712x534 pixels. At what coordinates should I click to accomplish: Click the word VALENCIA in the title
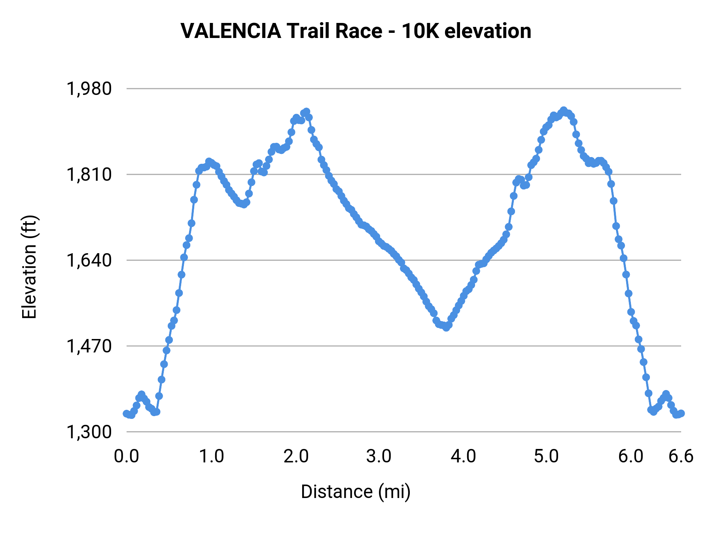pyautogui.click(x=231, y=31)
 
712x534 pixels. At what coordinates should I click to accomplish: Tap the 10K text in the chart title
pyautogui.click(x=420, y=31)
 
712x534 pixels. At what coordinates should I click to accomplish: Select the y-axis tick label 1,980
pyautogui.click(x=89, y=89)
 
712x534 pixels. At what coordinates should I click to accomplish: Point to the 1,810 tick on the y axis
pyautogui.click(x=89, y=174)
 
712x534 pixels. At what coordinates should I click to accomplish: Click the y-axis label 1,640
pyautogui.click(x=89, y=260)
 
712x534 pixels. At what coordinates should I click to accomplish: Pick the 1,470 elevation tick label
pyautogui.click(x=89, y=346)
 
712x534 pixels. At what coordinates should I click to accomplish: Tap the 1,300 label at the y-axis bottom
pyautogui.click(x=89, y=432)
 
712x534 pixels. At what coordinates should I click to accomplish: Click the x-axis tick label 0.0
pyautogui.click(x=127, y=456)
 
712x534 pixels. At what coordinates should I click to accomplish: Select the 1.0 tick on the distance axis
pyautogui.click(x=211, y=456)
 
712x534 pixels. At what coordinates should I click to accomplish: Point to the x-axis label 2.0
pyautogui.click(x=296, y=456)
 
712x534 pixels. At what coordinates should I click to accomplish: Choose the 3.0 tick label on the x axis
pyautogui.click(x=379, y=456)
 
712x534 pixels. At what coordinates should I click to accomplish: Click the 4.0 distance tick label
pyautogui.click(x=463, y=456)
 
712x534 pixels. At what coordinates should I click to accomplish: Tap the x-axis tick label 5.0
pyautogui.click(x=546, y=456)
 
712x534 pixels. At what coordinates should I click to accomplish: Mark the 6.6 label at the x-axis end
pyautogui.click(x=681, y=456)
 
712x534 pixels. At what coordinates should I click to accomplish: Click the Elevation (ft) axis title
pyautogui.click(x=29, y=267)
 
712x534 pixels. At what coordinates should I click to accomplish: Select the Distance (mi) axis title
pyautogui.click(x=356, y=492)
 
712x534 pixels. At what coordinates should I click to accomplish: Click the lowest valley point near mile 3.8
pyautogui.click(x=446, y=328)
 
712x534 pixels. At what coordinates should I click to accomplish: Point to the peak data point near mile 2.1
pyautogui.click(x=306, y=112)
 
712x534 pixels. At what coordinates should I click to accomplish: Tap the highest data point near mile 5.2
pyautogui.click(x=564, y=110)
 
